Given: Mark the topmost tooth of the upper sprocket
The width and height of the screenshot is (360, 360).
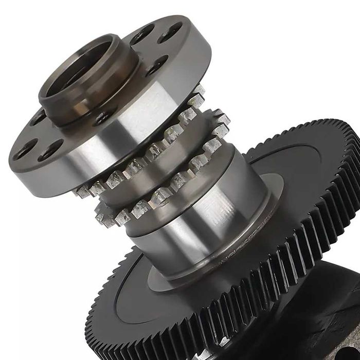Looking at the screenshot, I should [x=198, y=90].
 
